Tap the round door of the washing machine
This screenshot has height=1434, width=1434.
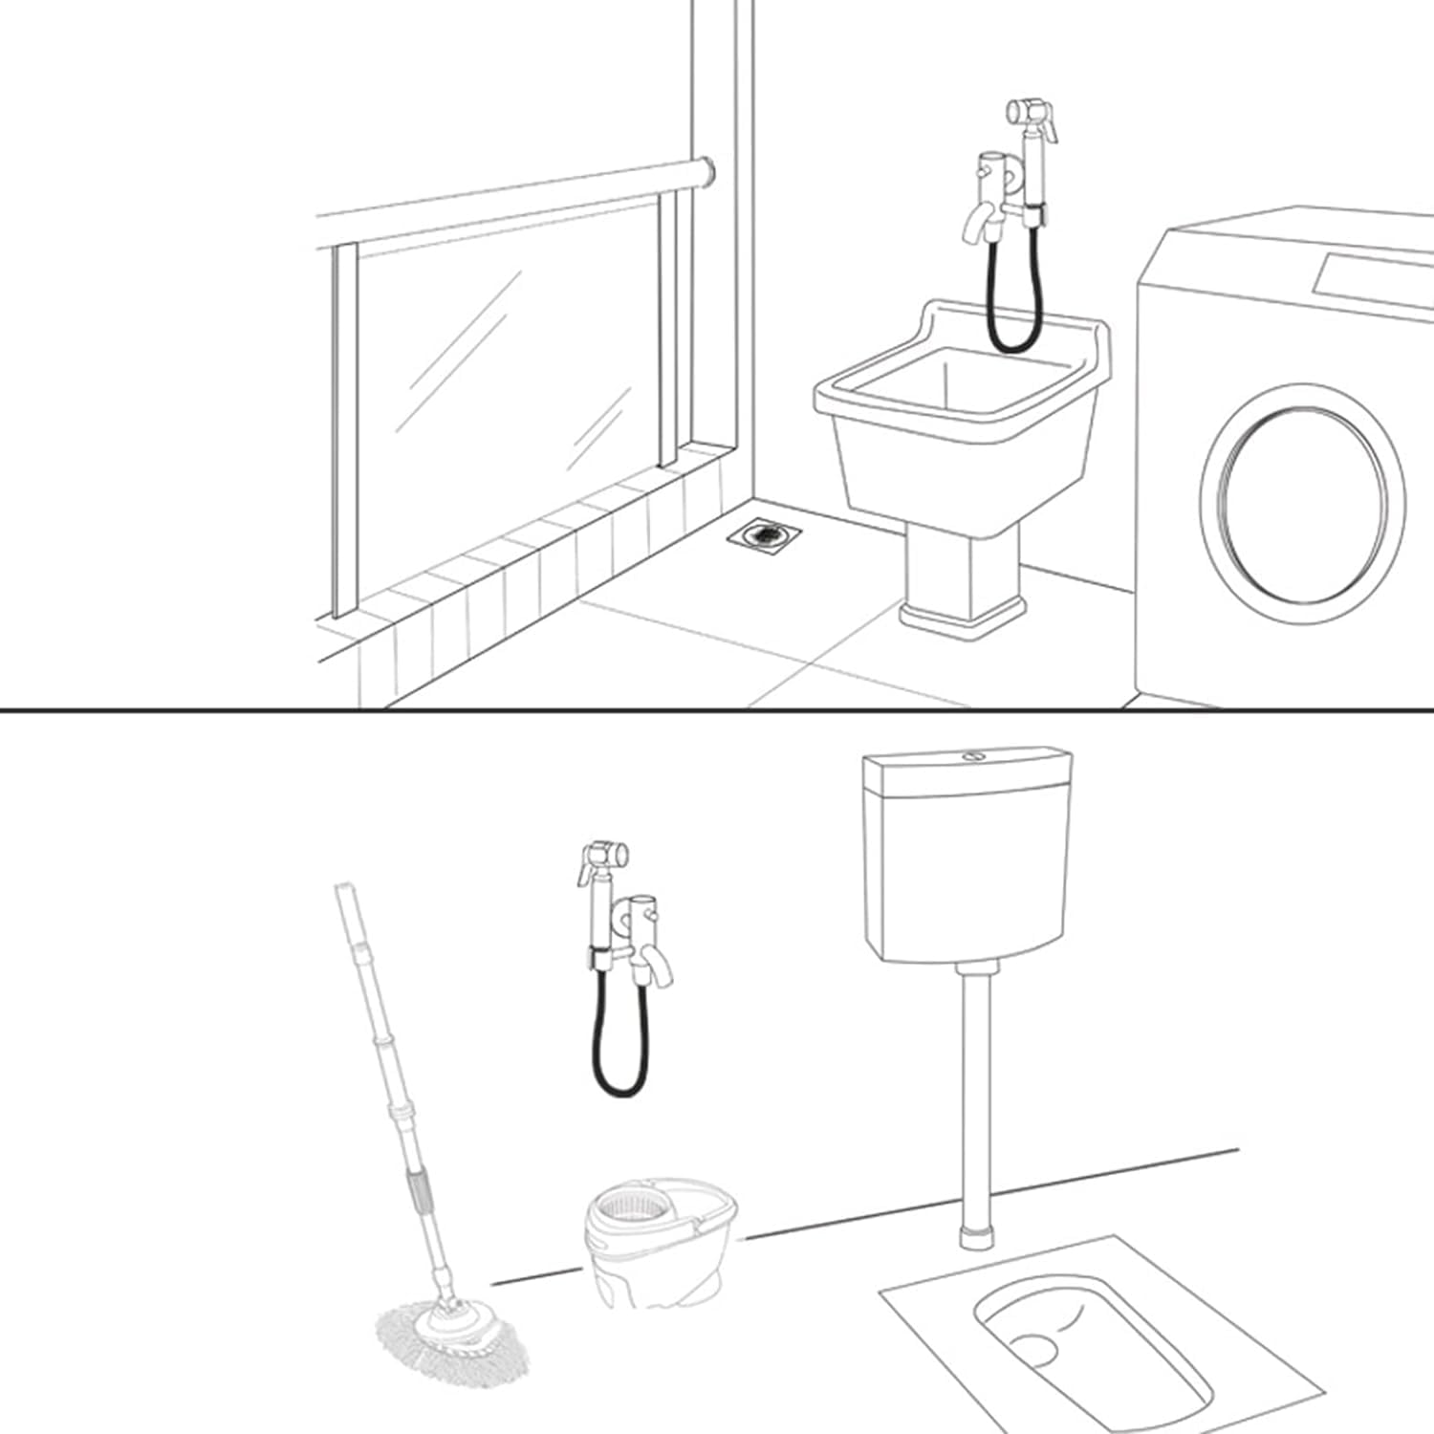tap(1303, 493)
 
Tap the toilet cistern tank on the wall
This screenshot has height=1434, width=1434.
tap(967, 856)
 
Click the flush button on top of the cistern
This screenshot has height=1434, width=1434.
tap(974, 755)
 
